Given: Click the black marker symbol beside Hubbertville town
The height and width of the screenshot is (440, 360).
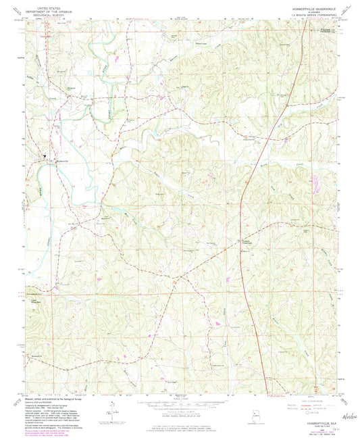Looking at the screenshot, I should coord(46,160).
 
